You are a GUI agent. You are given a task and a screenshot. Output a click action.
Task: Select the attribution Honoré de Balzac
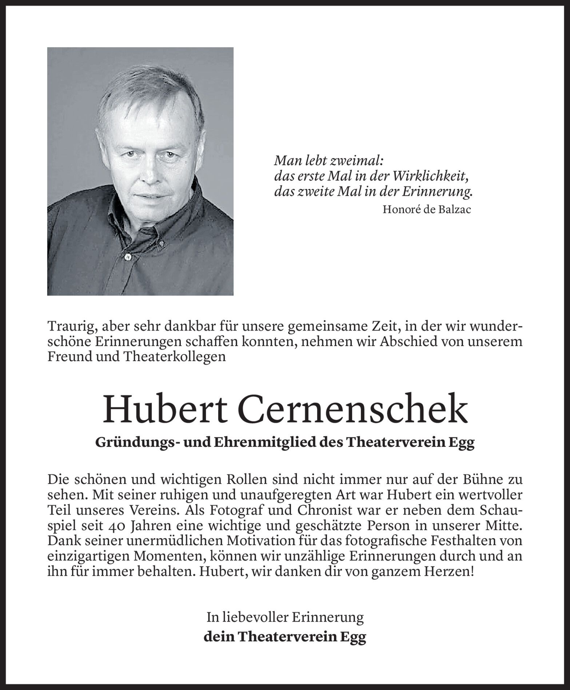(427, 210)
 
